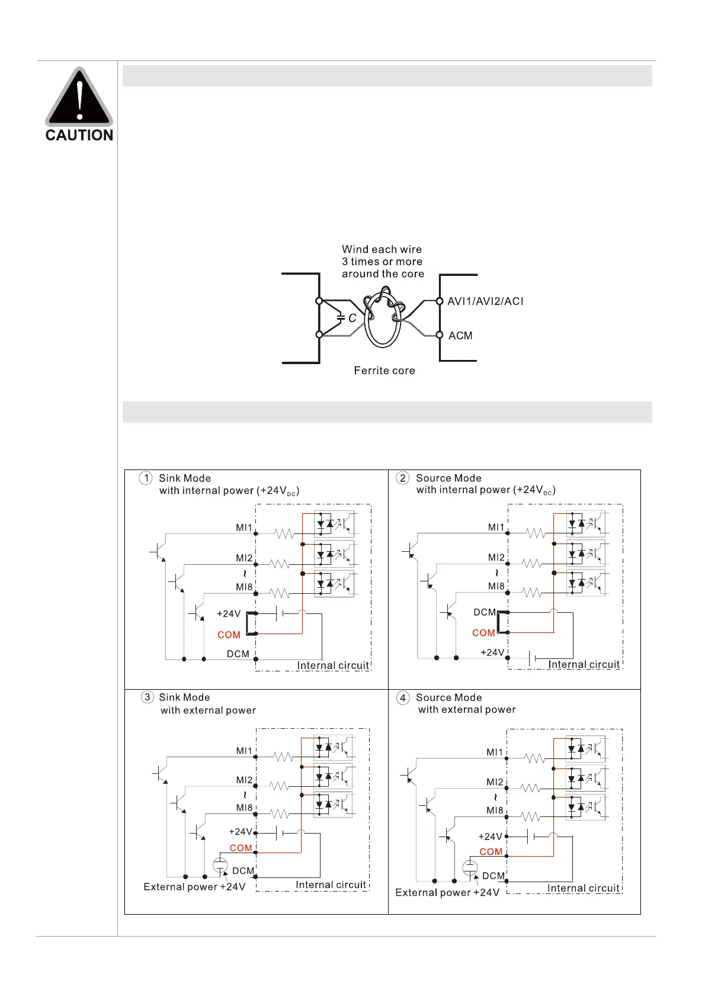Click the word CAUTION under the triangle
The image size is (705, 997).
[x=79, y=136]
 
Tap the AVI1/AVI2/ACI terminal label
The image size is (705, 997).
[x=485, y=301]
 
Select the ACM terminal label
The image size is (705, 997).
[x=460, y=336]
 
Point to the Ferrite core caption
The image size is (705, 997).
[x=384, y=371]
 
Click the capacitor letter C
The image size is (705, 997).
[x=352, y=319]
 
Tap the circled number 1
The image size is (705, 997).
[x=146, y=478]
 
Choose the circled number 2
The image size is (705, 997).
[x=403, y=478]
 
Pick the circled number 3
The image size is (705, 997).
[x=148, y=697]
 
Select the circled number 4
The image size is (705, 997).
[x=403, y=697]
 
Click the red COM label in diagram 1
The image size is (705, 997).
[x=229, y=635]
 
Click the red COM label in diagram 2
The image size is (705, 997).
[x=483, y=633]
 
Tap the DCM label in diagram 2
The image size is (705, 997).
[x=485, y=612]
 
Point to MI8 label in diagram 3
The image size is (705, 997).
[x=244, y=808]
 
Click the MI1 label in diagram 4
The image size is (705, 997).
[x=495, y=752]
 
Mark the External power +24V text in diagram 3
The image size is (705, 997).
[x=194, y=887]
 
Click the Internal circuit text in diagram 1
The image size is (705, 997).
[x=332, y=665]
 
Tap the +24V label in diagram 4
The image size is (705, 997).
[x=490, y=837]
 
